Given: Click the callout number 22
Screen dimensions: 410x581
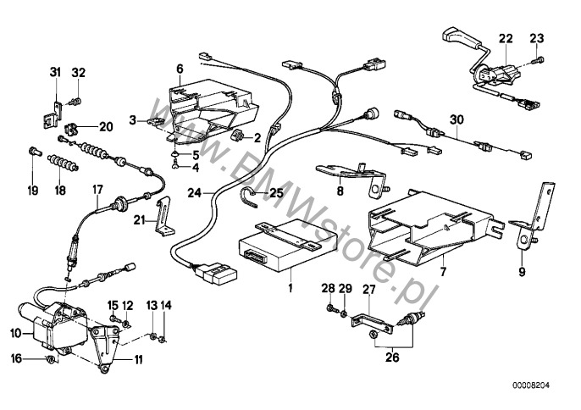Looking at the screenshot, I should (506, 39).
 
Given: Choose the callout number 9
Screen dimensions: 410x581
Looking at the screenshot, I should (521, 274).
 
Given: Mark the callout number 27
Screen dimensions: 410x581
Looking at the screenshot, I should (368, 290).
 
